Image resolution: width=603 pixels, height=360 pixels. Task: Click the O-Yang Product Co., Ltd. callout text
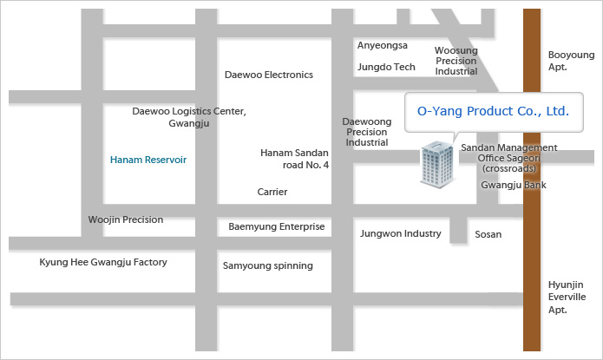click(493, 112)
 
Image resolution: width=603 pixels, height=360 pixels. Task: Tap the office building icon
click(437, 166)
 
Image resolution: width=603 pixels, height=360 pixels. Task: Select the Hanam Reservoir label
click(148, 160)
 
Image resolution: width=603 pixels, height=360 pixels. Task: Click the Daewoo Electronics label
click(268, 75)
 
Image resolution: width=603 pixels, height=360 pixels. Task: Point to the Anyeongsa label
click(382, 46)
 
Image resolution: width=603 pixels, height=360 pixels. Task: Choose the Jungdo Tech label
click(386, 66)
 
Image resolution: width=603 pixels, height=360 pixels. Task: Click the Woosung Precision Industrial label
click(456, 61)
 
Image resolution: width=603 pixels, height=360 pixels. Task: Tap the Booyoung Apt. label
click(570, 60)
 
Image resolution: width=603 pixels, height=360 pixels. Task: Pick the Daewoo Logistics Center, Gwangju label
click(188, 117)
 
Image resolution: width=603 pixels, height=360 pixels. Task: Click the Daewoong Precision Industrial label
click(366, 132)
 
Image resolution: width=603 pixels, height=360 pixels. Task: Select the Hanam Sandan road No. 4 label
click(295, 159)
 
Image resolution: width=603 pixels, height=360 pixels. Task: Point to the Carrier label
click(272, 192)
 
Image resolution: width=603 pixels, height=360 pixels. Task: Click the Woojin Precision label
click(126, 219)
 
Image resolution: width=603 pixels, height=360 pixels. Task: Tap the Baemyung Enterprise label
click(276, 226)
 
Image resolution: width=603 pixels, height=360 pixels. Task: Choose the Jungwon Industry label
click(401, 233)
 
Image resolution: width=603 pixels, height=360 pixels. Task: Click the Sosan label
click(488, 234)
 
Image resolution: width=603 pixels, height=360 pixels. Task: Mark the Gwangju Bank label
click(513, 185)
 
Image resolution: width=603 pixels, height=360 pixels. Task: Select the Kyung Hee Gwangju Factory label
click(103, 262)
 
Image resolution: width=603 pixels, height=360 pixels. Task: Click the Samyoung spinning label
click(267, 265)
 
